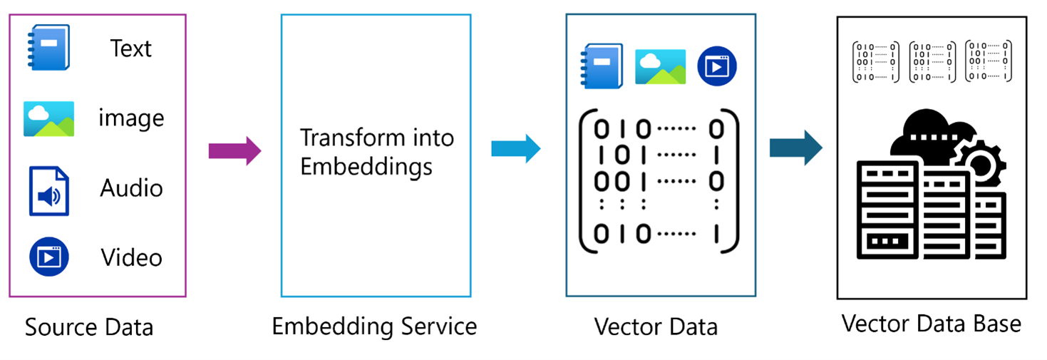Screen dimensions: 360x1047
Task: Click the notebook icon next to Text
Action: point(48,47)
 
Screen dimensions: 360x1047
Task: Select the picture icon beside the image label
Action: point(48,118)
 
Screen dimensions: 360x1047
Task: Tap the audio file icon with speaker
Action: point(48,190)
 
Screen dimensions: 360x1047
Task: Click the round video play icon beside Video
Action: point(48,257)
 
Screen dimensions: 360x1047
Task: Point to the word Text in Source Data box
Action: point(130,48)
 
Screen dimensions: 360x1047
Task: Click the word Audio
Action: point(131,188)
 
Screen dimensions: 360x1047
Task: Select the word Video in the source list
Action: point(131,257)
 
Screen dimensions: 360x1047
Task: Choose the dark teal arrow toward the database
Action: point(795,148)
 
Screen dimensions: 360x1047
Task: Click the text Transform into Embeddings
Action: point(376,151)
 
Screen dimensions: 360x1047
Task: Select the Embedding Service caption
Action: point(374,326)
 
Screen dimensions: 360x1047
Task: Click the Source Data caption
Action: point(89,327)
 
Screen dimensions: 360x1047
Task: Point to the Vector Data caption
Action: point(656,327)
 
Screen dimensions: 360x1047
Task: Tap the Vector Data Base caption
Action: point(931,324)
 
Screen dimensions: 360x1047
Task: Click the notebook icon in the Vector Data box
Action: point(602,66)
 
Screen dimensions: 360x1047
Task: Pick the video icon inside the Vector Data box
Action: point(716,66)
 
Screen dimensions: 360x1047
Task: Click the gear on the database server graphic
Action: point(981,164)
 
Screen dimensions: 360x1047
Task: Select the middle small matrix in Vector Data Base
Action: point(932,61)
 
